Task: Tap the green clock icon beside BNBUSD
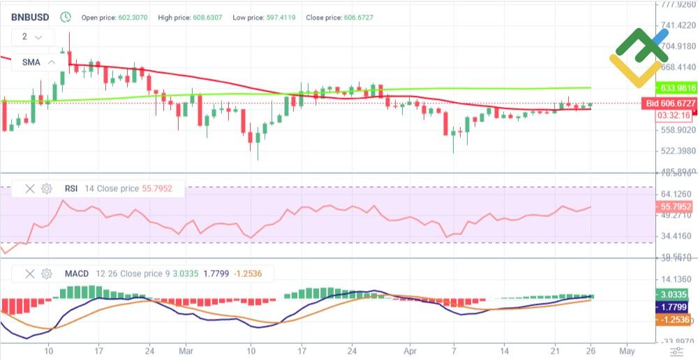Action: coord(66,16)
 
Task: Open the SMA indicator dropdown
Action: coord(38,62)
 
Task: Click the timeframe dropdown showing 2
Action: coord(32,37)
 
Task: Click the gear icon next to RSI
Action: coord(47,188)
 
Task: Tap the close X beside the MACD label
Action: coord(30,273)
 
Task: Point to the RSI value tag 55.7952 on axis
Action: coord(675,207)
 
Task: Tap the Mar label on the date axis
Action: coord(186,350)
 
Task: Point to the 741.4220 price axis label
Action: coord(677,26)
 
